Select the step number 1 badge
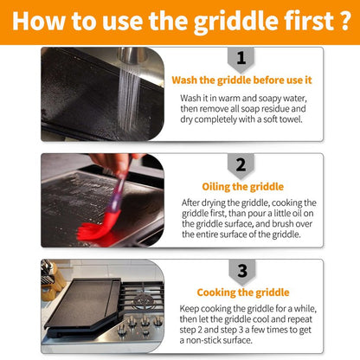[241, 59]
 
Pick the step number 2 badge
[241, 166]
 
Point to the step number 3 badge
[242, 272]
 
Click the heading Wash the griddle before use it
[241, 80]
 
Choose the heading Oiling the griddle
[243, 187]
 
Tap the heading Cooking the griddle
[243, 292]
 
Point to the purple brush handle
[118, 191]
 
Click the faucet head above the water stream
[132, 56]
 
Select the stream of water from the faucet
[129, 98]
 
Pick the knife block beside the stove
[52, 281]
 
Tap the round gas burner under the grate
[144, 301]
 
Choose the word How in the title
[38, 21]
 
